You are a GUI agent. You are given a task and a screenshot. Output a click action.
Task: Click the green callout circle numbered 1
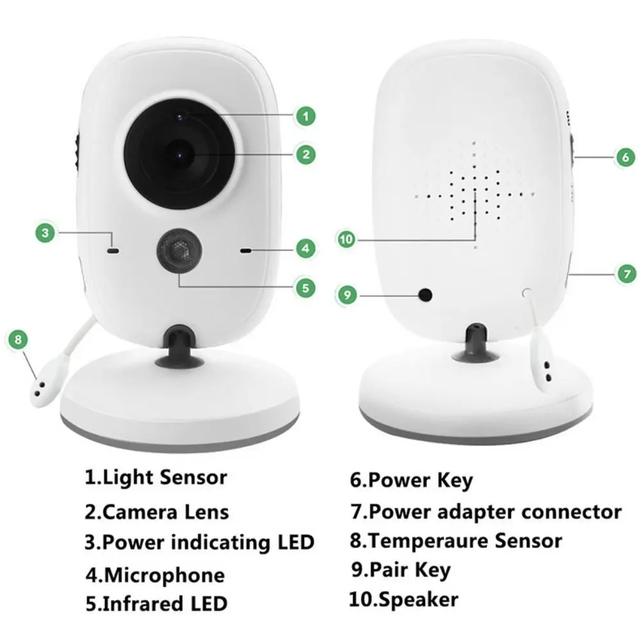click(x=306, y=116)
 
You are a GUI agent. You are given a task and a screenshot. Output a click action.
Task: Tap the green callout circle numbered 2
click(x=306, y=154)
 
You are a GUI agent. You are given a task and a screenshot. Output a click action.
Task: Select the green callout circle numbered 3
click(x=44, y=233)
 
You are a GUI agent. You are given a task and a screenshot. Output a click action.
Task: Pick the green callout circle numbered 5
click(x=305, y=287)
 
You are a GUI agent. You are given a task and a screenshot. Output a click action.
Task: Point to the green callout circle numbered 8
click(x=18, y=339)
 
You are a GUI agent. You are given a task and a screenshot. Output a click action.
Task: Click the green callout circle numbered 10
click(x=346, y=240)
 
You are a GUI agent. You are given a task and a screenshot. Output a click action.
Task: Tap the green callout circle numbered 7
click(x=626, y=273)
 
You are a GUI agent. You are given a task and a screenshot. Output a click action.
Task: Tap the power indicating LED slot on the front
click(x=113, y=251)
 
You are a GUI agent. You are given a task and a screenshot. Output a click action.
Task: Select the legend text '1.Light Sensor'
click(x=155, y=478)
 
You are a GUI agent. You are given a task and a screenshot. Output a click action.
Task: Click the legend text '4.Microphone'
click(x=154, y=575)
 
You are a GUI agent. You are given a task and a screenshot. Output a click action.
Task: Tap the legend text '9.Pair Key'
click(x=401, y=570)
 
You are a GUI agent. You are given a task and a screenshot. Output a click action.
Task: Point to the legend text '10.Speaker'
click(x=404, y=599)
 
